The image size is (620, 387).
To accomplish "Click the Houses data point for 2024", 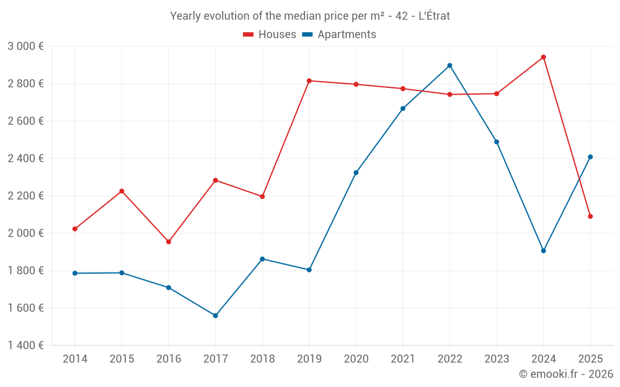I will tap(543, 57).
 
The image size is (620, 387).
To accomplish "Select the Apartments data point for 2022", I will tap(449, 66).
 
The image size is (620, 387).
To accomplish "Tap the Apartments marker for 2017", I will tap(215, 316).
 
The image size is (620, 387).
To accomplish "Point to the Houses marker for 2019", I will tap(309, 80).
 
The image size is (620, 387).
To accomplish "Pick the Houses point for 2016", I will tap(169, 242).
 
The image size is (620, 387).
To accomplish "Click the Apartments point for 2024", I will tap(543, 251).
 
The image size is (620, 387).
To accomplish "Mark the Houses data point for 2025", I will tap(590, 216).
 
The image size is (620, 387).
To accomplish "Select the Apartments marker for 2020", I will tap(356, 173).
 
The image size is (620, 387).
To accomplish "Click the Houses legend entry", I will tap(270, 35).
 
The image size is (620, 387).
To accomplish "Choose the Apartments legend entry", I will tap(339, 35).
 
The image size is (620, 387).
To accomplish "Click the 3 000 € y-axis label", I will tap(25, 46).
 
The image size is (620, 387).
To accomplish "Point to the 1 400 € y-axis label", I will tap(25, 346).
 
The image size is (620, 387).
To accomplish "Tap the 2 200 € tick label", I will tap(25, 196).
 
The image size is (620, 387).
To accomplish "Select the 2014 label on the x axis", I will tap(75, 359).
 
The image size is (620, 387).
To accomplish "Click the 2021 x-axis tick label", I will tap(403, 359).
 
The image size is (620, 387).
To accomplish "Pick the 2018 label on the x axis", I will tap(262, 359).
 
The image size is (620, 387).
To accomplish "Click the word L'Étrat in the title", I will tap(434, 16).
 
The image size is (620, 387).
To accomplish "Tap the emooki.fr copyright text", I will tap(566, 374).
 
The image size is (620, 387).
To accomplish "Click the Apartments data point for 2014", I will tap(75, 273).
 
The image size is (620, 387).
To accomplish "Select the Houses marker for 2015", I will tap(122, 191).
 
